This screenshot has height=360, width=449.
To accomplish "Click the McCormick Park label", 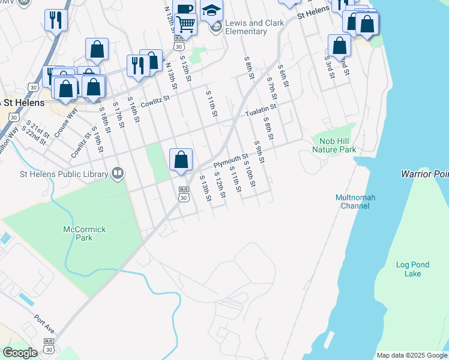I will pyautogui.click(x=78, y=233).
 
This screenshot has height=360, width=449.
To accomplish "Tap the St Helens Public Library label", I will pyautogui.click(x=55, y=175).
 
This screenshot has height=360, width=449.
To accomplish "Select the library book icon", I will pyautogui.click(x=118, y=175).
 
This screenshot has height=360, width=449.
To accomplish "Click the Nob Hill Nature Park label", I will pyautogui.click(x=334, y=145).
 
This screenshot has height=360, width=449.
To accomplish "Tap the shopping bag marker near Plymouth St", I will pyautogui.click(x=181, y=160).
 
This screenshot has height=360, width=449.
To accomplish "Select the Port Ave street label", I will pyautogui.click(x=44, y=323).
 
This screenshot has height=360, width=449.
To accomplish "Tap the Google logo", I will pyautogui.click(x=19, y=353).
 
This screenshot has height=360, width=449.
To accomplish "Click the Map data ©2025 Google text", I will pyautogui.click(x=411, y=355).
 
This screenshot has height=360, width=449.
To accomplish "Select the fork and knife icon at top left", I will pyautogui.click(x=56, y=20).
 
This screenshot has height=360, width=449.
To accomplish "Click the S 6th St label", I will pyautogui.click(x=284, y=88).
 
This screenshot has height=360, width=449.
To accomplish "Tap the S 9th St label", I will pyautogui.click(x=259, y=152).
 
